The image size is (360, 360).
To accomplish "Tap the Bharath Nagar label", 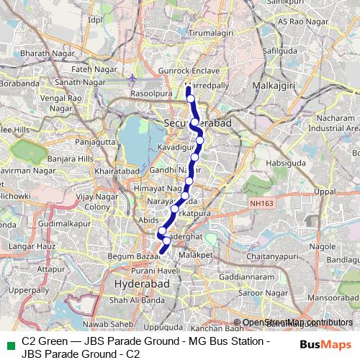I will [42, 54].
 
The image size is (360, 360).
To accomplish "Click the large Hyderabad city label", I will [141, 285].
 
